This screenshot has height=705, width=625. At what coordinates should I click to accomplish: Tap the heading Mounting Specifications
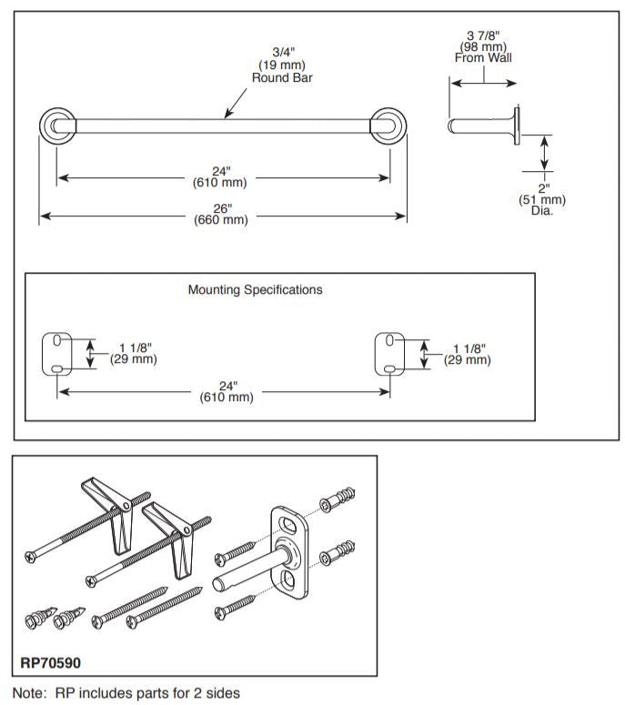click(255, 290)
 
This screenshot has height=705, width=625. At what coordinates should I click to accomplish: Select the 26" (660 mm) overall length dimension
click(222, 213)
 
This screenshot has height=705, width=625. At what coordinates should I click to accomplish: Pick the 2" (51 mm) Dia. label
click(545, 199)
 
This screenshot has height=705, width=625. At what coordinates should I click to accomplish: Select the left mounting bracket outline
click(58, 354)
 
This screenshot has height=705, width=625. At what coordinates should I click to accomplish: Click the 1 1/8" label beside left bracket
click(136, 353)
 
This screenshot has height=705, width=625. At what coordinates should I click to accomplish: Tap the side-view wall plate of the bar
click(518, 126)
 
